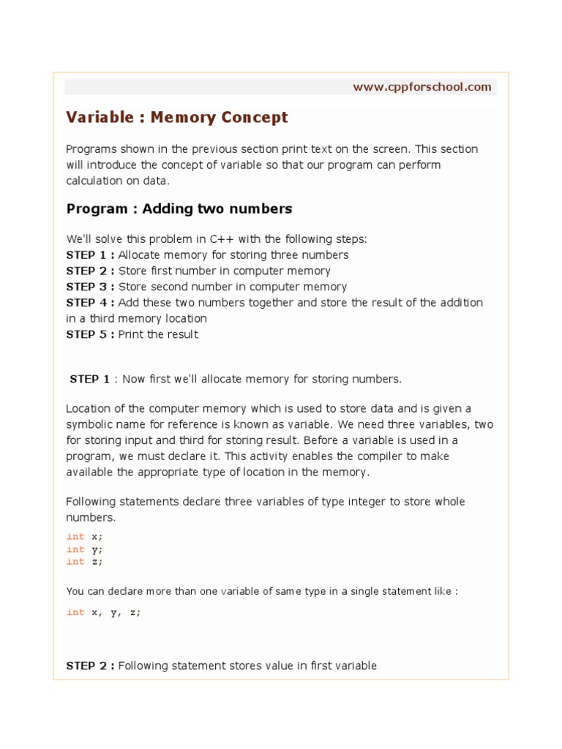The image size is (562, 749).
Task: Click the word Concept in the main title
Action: pos(251,117)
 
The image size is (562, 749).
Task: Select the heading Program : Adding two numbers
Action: pos(179,208)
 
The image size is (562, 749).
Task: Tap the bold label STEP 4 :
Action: pos(90,303)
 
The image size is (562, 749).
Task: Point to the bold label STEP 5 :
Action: pos(90,334)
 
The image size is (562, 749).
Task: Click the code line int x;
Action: pos(85,536)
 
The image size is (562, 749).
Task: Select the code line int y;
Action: pos(85,549)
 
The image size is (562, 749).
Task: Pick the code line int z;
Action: pos(85,561)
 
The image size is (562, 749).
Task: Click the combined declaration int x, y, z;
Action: pos(103,612)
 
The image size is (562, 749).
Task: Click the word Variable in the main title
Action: pos(97,117)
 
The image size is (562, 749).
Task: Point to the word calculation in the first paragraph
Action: pos(95,181)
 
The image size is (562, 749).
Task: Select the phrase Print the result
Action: pos(158,334)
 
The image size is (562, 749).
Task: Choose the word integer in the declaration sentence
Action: pos(350,502)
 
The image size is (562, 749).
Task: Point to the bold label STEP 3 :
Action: pos(90,287)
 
